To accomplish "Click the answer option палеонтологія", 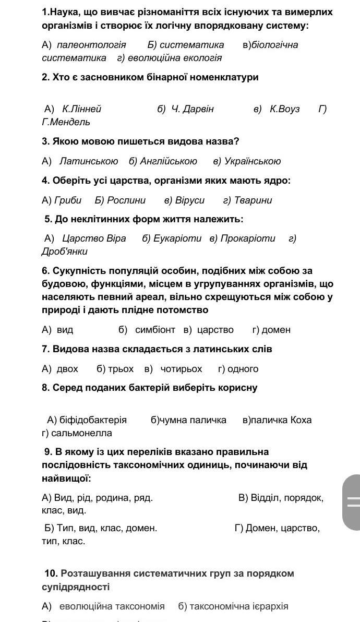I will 91,45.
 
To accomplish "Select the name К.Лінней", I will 81,109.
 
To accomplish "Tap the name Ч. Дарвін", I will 193,109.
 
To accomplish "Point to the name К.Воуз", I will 285,109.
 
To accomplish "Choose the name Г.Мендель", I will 66,122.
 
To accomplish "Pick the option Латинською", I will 89,161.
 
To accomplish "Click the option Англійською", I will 169,161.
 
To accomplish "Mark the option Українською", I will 253,161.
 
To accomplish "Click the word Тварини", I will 253,200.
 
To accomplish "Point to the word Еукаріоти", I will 177,238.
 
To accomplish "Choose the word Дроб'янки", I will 65,252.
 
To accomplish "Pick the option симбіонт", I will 155,330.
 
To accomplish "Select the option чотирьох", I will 181,369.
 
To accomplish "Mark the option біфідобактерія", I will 93,420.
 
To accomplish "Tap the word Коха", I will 301,420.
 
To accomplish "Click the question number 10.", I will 51,573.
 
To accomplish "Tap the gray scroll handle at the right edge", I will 353,502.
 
